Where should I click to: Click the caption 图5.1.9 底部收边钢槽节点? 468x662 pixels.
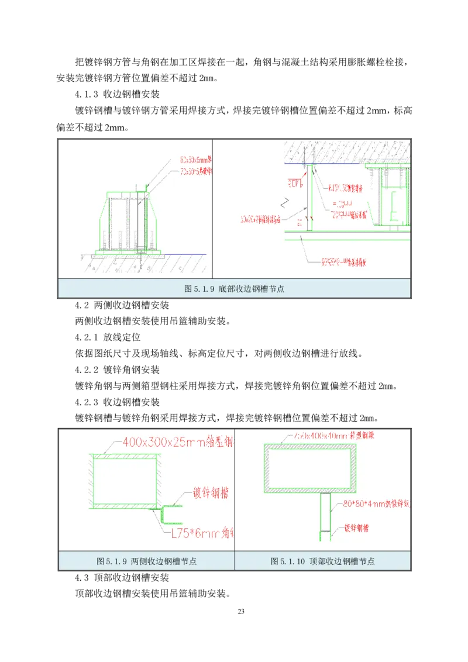click(x=234, y=288)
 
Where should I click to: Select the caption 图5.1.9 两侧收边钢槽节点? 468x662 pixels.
click(x=146, y=561)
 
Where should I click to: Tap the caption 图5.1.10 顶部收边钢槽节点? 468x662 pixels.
click(x=322, y=561)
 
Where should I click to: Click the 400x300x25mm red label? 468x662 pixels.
click(x=175, y=443)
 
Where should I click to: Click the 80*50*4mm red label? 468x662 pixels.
click(x=374, y=502)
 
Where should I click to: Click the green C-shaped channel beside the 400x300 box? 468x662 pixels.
click(x=171, y=514)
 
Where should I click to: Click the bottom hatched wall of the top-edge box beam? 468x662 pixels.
click(x=311, y=488)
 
